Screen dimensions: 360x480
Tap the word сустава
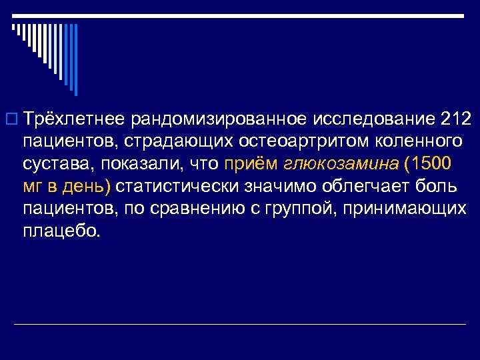[x=57, y=164]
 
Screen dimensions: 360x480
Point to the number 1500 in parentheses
[x=431, y=164]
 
